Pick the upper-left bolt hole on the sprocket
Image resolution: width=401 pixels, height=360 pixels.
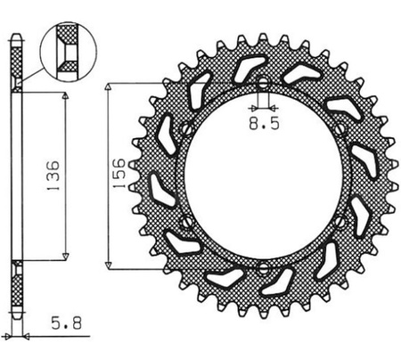(x=186, y=130)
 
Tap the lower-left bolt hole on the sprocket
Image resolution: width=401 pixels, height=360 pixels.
(x=186, y=220)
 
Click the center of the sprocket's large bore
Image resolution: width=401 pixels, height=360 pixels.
(x=263, y=176)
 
